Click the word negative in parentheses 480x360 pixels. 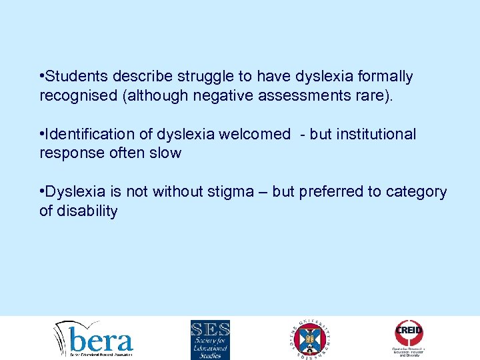point(220,96)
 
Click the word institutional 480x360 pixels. point(376,134)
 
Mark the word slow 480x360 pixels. point(166,153)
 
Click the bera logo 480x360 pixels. point(95,339)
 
